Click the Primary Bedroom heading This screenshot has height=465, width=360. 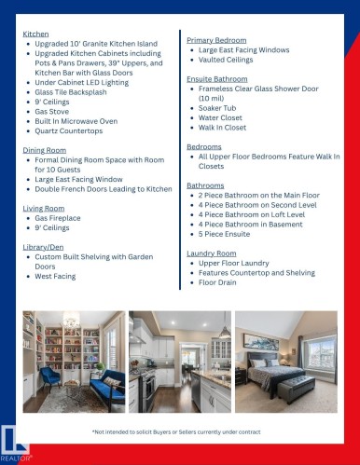pos(216,40)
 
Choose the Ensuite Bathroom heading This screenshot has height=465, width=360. pos(217,79)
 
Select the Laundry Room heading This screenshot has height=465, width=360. pos(212,253)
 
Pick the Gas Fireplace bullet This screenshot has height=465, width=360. pos(61,218)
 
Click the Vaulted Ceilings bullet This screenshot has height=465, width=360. pos(227,60)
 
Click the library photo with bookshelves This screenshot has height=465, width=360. pos(73,362)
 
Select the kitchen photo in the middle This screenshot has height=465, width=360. pos(179,362)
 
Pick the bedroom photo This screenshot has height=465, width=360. pos(285,362)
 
